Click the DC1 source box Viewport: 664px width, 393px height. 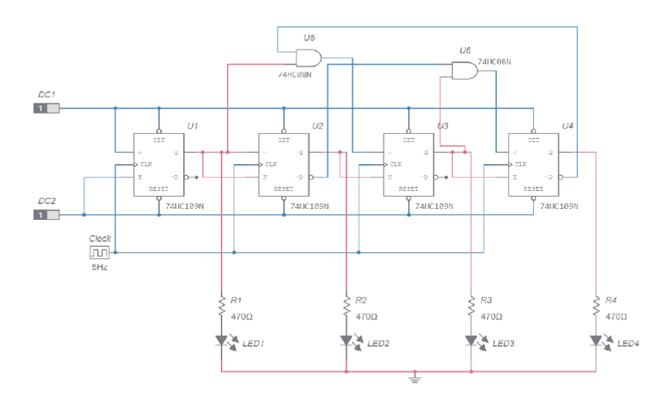[x=46, y=108]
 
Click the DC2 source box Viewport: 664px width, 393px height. [x=46, y=215]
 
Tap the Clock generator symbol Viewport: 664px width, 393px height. [x=100, y=251]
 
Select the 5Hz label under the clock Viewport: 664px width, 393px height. [x=100, y=267]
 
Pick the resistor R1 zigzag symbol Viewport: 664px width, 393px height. [x=222, y=305]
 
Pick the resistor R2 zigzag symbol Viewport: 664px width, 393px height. [x=347, y=305]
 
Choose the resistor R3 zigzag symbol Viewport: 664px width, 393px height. [x=471, y=305]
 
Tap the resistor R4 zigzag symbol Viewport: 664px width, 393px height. [x=596, y=305]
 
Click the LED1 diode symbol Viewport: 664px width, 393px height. [x=222, y=339]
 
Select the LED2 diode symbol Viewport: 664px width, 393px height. [x=347, y=339]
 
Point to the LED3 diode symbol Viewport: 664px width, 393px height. [x=471, y=339]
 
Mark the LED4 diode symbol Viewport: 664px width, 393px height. [x=596, y=339]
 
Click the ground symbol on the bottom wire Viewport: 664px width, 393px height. [x=415, y=377]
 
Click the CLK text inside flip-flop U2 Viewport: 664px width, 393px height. [x=271, y=164]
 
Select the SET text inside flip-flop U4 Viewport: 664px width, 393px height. [x=534, y=140]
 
